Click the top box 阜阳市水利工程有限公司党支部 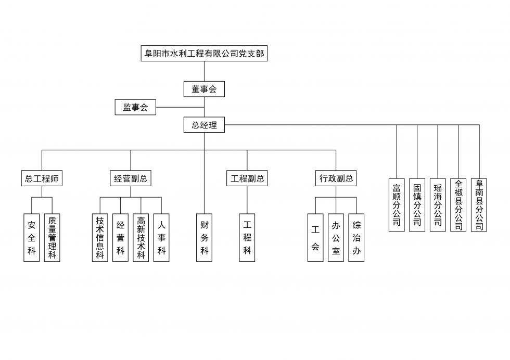coord(204,53)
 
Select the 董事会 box coord(204,89)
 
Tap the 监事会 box coord(135,107)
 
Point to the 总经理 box coord(204,125)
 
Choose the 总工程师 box coord(42,178)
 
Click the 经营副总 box coord(131,178)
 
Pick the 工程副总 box coord(247,178)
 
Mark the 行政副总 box coord(336,178)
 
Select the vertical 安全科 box coord(32,238)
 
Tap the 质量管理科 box coord(52,238)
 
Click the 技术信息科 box coord(100,238)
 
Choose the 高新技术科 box coord(141,238)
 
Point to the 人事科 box coord(161,238)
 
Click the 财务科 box coord(204,238)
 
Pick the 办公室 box coord(336,238)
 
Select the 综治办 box coord(356,238)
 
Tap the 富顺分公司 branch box coord(397,205)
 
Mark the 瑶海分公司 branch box coord(438,205)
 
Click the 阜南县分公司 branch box coord(479,205)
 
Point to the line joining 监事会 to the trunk coord(180,108)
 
